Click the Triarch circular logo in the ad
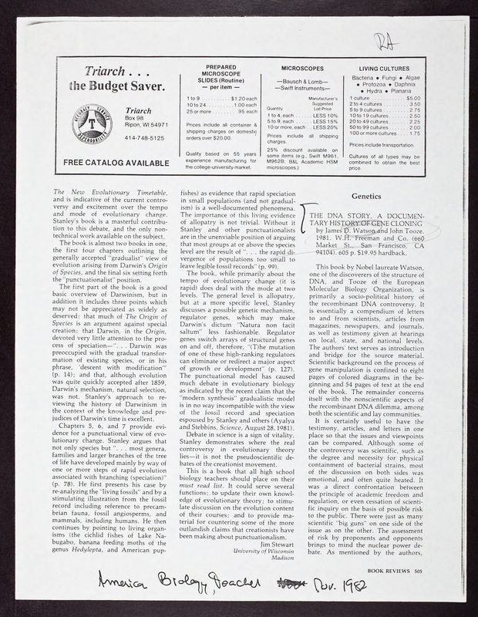pyautogui.click(x=86, y=123)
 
